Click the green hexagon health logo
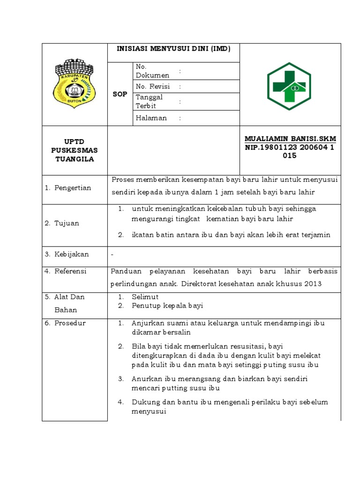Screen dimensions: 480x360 [289, 86]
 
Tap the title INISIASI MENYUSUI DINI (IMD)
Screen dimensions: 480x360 [174, 48]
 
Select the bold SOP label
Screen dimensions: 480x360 [120, 94]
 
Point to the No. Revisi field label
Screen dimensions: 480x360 [152, 87]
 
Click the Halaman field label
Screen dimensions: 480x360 [151, 118]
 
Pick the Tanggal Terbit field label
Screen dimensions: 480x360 [149, 101]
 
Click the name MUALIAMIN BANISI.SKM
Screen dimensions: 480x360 [290, 139]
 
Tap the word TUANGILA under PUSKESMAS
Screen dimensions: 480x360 [75, 159]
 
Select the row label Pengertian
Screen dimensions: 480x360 [72, 188]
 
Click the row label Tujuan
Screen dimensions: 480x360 [67, 223]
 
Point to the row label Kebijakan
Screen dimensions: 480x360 [72, 255]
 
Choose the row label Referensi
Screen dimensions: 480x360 [72, 271]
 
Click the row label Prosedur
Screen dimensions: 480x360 [70, 323]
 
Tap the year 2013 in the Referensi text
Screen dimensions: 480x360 [313, 284]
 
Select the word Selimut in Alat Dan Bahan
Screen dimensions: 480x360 [145, 297]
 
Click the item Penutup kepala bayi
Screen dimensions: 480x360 [167, 306]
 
